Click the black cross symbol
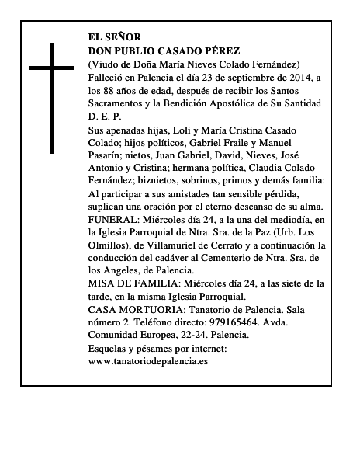(x=53, y=96)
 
